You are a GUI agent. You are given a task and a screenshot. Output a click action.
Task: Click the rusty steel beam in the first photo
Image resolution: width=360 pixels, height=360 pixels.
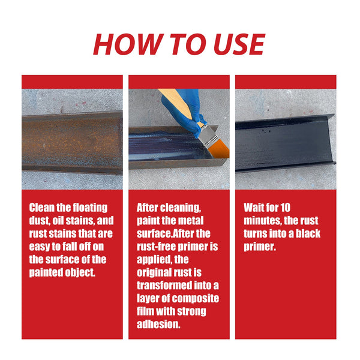click(72, 142)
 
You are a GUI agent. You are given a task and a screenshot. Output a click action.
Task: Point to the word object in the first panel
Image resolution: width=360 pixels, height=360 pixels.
click(79, 272)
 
